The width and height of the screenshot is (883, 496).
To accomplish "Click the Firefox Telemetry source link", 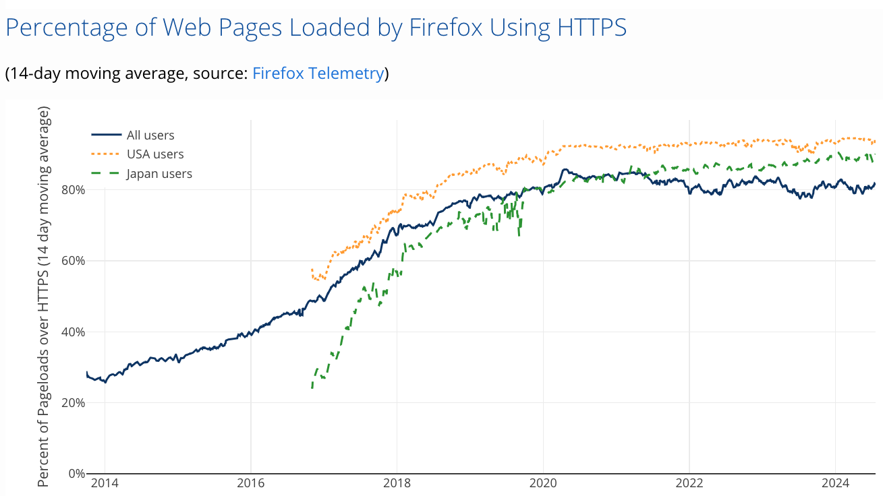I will pos(318,73).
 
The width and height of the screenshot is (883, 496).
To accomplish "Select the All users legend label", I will pos(150,135).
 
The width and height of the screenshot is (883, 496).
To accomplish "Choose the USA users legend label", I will pos(155,154).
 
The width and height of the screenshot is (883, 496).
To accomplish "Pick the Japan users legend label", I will pos(159,174).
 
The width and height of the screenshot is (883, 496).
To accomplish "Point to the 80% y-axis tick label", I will pos(72,189).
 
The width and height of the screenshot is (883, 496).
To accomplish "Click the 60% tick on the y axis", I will pos(72,261).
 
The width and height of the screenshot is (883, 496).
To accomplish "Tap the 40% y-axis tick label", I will pos(72,332).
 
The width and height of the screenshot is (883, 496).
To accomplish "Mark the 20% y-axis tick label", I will pos(72,403).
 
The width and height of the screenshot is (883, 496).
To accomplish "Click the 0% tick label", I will pos(75,474).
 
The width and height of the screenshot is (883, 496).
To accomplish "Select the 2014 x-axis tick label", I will pos(105,483).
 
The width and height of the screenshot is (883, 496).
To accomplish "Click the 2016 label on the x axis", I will pos(250,483).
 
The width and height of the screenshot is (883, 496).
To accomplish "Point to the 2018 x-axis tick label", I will pos(397,483).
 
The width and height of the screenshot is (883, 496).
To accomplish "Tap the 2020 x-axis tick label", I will pos(543,483).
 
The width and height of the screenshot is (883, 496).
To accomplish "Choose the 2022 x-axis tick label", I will pos(689,483).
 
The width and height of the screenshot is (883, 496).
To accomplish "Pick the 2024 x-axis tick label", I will pos(835,483).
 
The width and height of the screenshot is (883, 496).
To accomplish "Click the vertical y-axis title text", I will pos(44,297).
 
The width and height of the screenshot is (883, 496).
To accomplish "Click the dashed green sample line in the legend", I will pos(106,174).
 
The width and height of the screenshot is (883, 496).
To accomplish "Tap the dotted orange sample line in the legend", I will pos(106,154).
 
